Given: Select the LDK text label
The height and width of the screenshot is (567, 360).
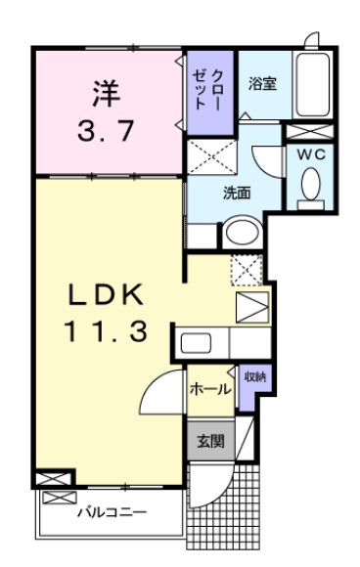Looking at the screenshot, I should click(107, 294).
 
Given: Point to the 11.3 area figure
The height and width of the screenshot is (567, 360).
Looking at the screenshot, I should click(107, 332).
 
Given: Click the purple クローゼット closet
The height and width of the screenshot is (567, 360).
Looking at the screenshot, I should click(210, 91).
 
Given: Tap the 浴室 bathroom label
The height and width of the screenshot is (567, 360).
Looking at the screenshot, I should click(261, 83).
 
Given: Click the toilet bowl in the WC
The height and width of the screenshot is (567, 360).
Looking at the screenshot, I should click(311, 186).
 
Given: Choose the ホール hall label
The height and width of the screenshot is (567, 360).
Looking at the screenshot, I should click(210, 389).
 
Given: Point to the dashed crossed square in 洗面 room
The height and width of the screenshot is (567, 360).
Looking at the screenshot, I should click(211, 156).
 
